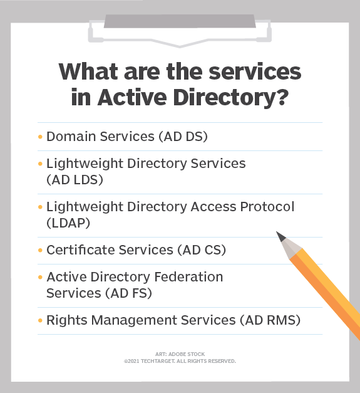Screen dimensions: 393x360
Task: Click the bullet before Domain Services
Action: (x=41, y=136)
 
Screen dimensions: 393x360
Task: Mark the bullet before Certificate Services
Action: (x=41, y=249)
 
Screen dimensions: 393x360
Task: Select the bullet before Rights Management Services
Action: (x=41, y=320)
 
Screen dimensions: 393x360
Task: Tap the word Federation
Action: (x=188, y=276)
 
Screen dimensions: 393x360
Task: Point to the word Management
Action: (x=124, y=320)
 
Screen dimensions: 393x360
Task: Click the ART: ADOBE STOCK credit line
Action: (x=180, y=354)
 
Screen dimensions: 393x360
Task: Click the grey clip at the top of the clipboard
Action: (x=180, y=21)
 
